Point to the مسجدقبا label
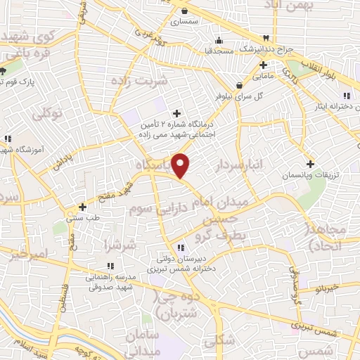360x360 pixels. pyautogui.click(x=214, y=51)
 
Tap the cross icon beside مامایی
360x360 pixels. pyautogui.click(x=262, y=65)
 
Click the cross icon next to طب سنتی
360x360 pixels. pyautogui.click(x=83, y=207)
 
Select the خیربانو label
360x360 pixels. pyautogui.click(x=327, y=288)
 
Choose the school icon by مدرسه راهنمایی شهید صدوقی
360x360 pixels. pyautogui.click(x=110, y=265)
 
